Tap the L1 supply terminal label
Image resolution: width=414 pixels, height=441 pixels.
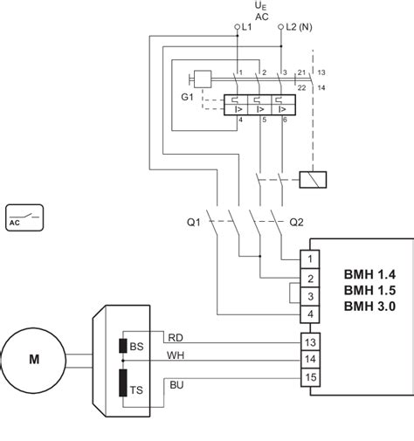[x=246, y=27]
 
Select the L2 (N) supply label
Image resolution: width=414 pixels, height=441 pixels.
[x=299, y=27]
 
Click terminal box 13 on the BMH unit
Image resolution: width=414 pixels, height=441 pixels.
[x=310, y=342]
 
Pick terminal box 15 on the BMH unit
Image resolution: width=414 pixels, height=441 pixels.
[x=310, y=377]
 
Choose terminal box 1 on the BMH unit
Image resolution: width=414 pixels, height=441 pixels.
[x=310, y=258]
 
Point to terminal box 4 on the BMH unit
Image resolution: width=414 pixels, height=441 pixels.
[x=310, y=314]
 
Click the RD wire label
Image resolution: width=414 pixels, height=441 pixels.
[x=176, y=338]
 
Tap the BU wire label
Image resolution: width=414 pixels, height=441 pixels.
[x=176, y=385]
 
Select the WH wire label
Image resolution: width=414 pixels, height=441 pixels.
[x=176, y=355]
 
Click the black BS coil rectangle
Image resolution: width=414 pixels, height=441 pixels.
[x=123, y=346]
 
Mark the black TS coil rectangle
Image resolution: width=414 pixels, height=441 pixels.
[x=123, y=382]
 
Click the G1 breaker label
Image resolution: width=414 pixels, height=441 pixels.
[x=187, y=97]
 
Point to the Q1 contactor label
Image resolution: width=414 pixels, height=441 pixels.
[x=194, y=223]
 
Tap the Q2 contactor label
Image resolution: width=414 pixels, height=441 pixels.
[x=296, y=223]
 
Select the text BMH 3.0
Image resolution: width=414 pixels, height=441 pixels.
[x=369, y=307]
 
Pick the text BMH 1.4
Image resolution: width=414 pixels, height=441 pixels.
[x=369, y=274]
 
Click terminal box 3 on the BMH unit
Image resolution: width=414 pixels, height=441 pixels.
[x=310, y=296]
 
